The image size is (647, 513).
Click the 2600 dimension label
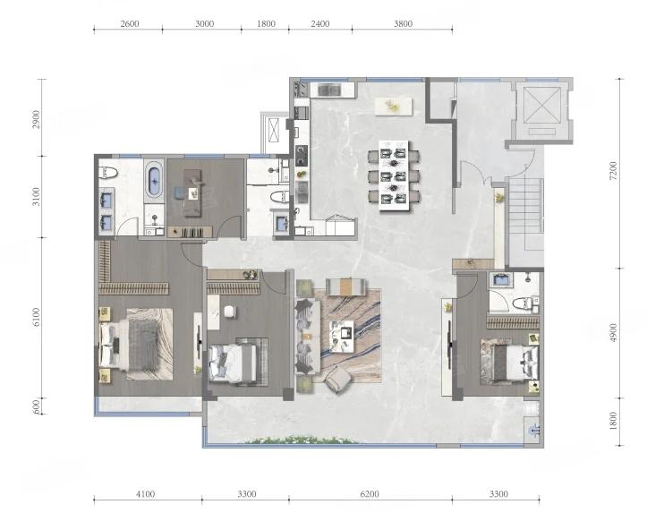(130, 24)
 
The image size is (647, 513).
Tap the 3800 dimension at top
(403, 24)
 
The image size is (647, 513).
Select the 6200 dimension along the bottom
(370, 494)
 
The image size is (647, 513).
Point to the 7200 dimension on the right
(613, 170)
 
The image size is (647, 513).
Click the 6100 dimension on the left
(37, 317)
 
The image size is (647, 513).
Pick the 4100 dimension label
(145, 494)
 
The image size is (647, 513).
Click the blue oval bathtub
(155, 181)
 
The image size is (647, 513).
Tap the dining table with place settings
(394, 175)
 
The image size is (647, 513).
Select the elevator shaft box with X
(542, 105)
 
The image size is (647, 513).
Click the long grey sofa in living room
(308, 337)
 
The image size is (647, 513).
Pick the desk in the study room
(192, 192)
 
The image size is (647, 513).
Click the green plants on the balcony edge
(302, 440)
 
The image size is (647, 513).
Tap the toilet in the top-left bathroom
(108, 173)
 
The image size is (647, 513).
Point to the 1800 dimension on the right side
(613, 422)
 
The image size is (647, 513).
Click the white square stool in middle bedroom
(230, 312)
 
